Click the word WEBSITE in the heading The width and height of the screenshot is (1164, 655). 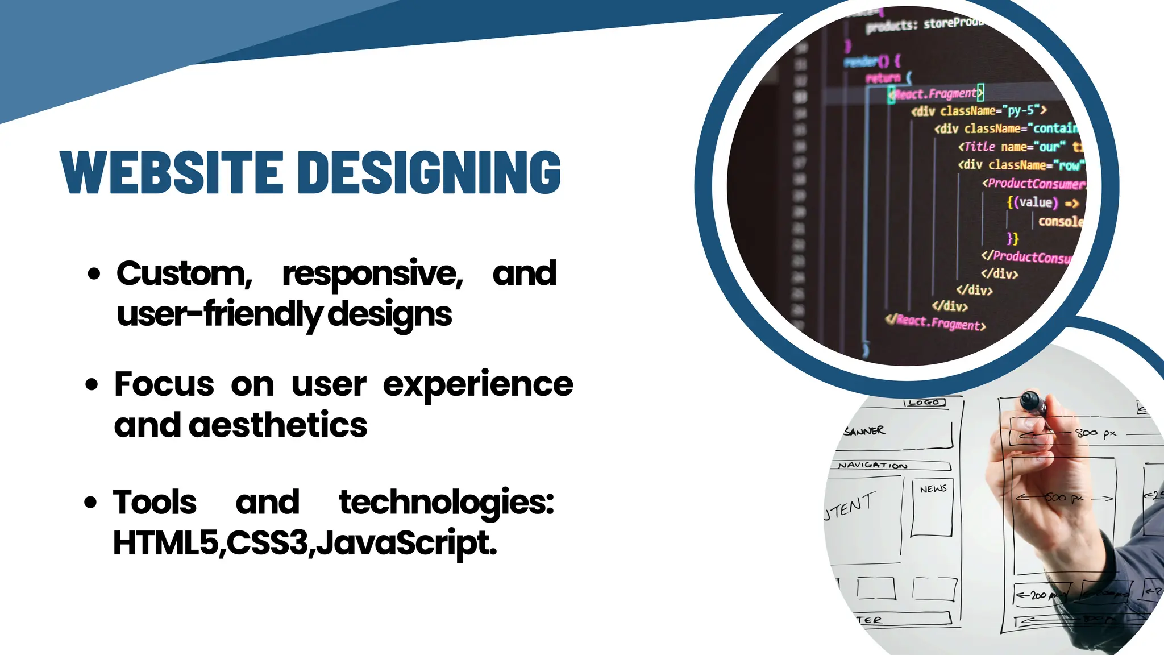pyautogui.click(x=172, y=172)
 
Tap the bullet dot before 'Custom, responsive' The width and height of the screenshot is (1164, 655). pyautogui.click(x=94, y=274)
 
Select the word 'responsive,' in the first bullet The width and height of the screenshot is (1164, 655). pyautogui.click(x=372, y=274)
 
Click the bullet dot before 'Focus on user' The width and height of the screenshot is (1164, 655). pyautogui.click(x=92, y=385)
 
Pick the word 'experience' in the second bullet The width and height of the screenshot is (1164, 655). pyautogui.click(x=477, y=385)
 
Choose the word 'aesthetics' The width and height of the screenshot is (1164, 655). pyautogui.click(x=278, y=425)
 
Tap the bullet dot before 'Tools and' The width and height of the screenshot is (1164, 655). pyautogui.click(x=90, y=503)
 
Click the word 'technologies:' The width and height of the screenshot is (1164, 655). pyautogui.click(x=446, y=503)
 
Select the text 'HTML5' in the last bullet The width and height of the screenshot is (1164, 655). pyautogui.click(x=165, y=543)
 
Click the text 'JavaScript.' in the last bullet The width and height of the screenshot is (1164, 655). pyautogui.click(x=406, y=543)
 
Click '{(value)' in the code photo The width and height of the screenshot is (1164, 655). pyautogui.click(x=1032, y=202)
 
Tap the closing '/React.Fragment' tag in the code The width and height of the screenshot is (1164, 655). pyautogui.click(x=936, y=322)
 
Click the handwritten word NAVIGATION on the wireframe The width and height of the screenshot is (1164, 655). pyautogui.click(x=873, y=465)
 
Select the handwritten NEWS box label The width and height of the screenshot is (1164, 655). pyautogui.click(x=933, y=489)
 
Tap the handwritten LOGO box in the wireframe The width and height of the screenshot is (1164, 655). pyautogui.click(x=924, y=403)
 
